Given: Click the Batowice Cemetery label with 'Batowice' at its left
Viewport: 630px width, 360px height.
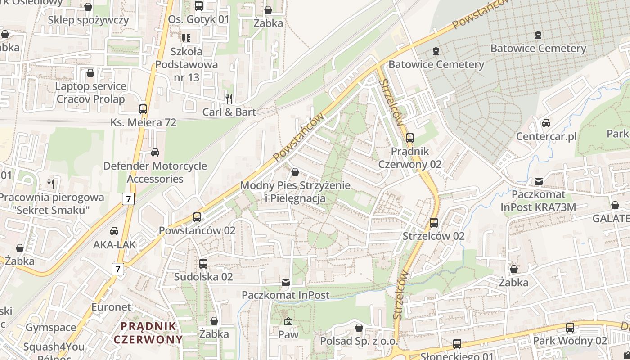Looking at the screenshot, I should (x=436, y=64).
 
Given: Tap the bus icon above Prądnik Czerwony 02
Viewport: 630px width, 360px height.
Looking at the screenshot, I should (x=409, y=138).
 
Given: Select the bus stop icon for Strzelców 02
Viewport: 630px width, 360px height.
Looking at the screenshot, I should (x=433, y=222).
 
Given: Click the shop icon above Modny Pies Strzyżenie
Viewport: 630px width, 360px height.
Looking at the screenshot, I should (x=295, y=172).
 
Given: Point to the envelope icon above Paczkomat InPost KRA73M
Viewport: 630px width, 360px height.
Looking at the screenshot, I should (x=538, y=181).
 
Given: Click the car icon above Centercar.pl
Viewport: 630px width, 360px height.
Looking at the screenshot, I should (x=546, y=123).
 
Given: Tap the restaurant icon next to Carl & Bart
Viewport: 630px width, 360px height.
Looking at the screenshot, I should (x=229, y=99).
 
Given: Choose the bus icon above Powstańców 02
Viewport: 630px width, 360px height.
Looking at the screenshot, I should (x=197, y=217).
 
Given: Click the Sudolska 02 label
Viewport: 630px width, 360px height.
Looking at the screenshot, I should (x=203, y=277).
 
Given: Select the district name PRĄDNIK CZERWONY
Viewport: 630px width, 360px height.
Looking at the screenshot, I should (x=148, y=333).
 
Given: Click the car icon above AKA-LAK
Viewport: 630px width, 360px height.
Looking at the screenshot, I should (x=114, y=231).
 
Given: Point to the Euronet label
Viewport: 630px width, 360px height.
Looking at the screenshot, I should (x=111, y=307).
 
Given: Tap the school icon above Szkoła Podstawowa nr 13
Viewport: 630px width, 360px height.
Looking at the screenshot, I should (x=186, y=38).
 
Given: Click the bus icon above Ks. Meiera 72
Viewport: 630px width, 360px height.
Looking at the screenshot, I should (x=143, y=109).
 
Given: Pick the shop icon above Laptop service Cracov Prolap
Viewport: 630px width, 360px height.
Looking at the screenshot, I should (x=90, y=73).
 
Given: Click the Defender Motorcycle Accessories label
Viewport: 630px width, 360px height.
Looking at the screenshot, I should (x=155, y=172).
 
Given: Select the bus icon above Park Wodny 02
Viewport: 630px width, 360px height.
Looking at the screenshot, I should (x=570, y=327).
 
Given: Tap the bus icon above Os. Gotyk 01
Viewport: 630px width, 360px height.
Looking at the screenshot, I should (x=198, y=6).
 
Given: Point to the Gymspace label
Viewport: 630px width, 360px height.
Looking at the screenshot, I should (x=51, y=328).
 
